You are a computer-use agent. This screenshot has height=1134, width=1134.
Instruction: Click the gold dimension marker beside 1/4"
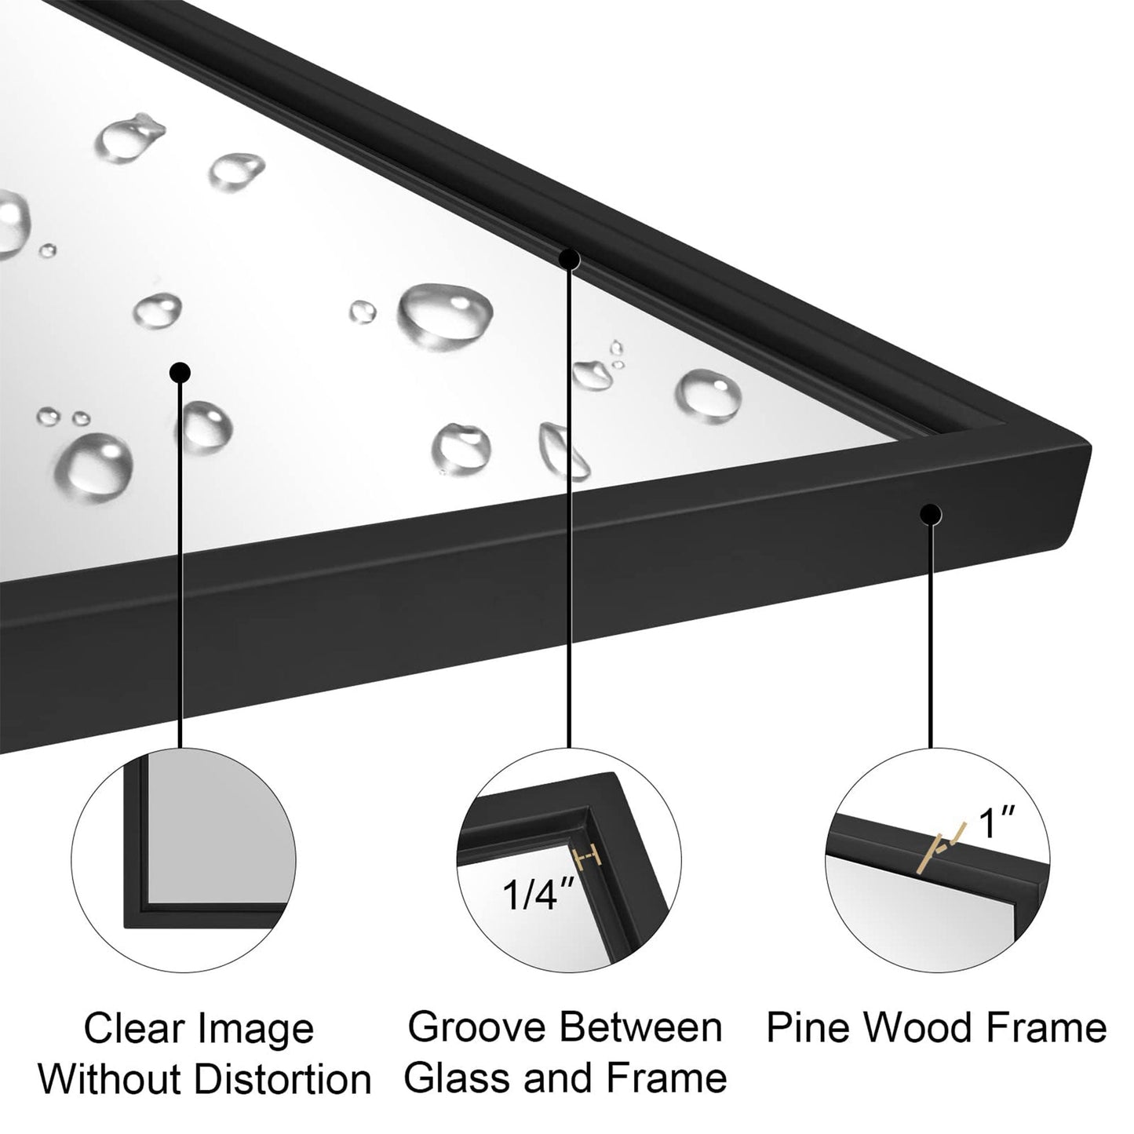tap(588, 859)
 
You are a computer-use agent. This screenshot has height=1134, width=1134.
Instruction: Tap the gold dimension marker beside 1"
tap(939, 850)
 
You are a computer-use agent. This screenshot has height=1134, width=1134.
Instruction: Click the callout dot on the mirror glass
tap(180, 371)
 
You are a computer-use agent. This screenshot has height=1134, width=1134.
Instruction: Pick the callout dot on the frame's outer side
tap(931, 514)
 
